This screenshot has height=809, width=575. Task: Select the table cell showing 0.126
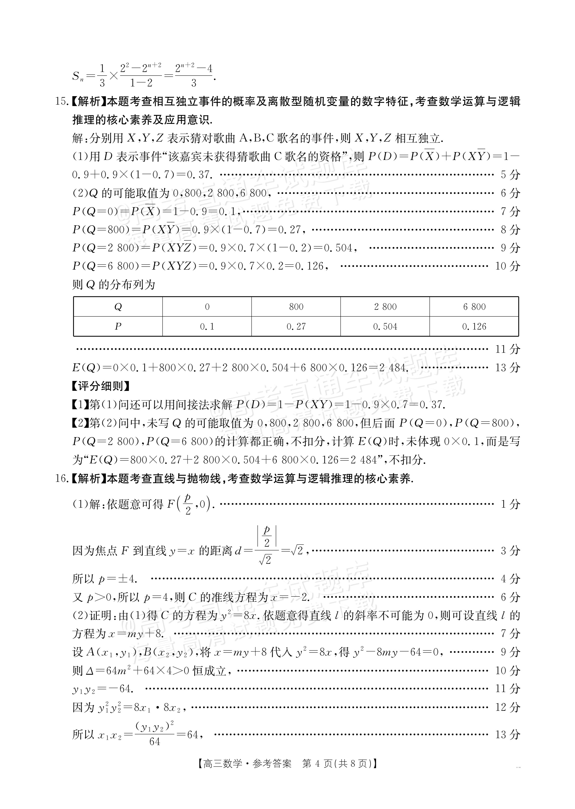(x=474, y=326)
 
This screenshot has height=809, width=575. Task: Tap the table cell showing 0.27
(x=296, y=326)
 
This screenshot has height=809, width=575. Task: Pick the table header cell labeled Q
(x=118, y=307)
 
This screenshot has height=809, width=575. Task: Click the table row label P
(x=118, y=326)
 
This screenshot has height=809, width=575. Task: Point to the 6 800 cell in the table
(x=474, y=307)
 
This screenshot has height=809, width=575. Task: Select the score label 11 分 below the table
(x=507, y=349)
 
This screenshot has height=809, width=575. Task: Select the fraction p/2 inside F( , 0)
(x=188, y=504)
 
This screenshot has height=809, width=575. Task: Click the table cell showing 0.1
(x=207, y=326)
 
